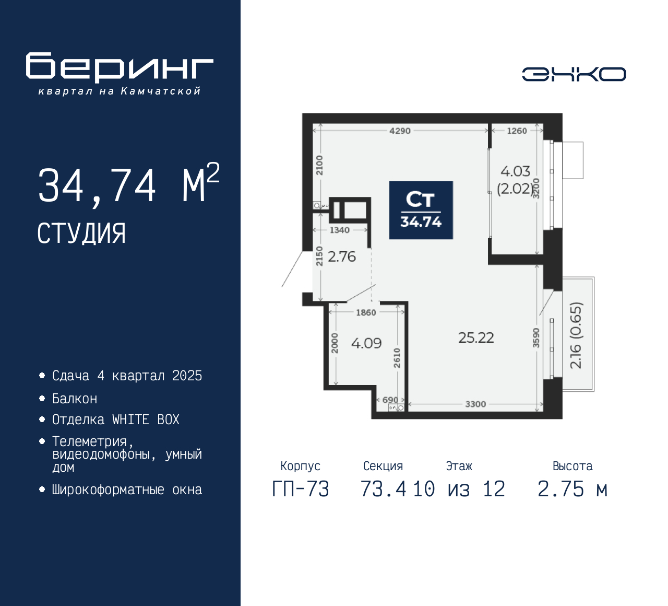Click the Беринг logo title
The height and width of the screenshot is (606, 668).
pos(120,67)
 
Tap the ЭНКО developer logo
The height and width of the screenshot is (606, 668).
pos(574,74)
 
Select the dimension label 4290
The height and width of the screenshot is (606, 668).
pos(400,131)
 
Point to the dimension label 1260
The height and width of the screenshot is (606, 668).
pos(517,131)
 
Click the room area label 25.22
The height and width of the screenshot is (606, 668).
pos(476,337)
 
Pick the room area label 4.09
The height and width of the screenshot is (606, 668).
pos(366,343)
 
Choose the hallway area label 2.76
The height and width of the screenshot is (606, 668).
pos(342,257)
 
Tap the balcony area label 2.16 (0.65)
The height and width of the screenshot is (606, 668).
pos(576,335)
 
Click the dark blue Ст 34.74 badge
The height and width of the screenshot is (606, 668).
pos(421,210)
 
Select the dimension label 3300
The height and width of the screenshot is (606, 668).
pos(475,404)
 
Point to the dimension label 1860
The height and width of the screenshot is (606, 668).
pos(366,312)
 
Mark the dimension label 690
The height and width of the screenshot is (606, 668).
pos(390,400)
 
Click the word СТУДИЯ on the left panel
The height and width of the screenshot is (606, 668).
pos(81,234)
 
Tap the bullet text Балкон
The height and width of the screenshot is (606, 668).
pos(75,399)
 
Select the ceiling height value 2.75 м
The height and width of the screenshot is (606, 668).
pos(572,490)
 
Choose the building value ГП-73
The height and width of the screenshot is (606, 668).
pos(301,490)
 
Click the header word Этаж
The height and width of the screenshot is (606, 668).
pos(459,466)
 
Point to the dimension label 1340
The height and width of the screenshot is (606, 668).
pos(339,230)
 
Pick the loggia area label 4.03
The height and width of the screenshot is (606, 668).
pos(516,171)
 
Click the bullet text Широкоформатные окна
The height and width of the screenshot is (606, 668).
pos(127,490)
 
